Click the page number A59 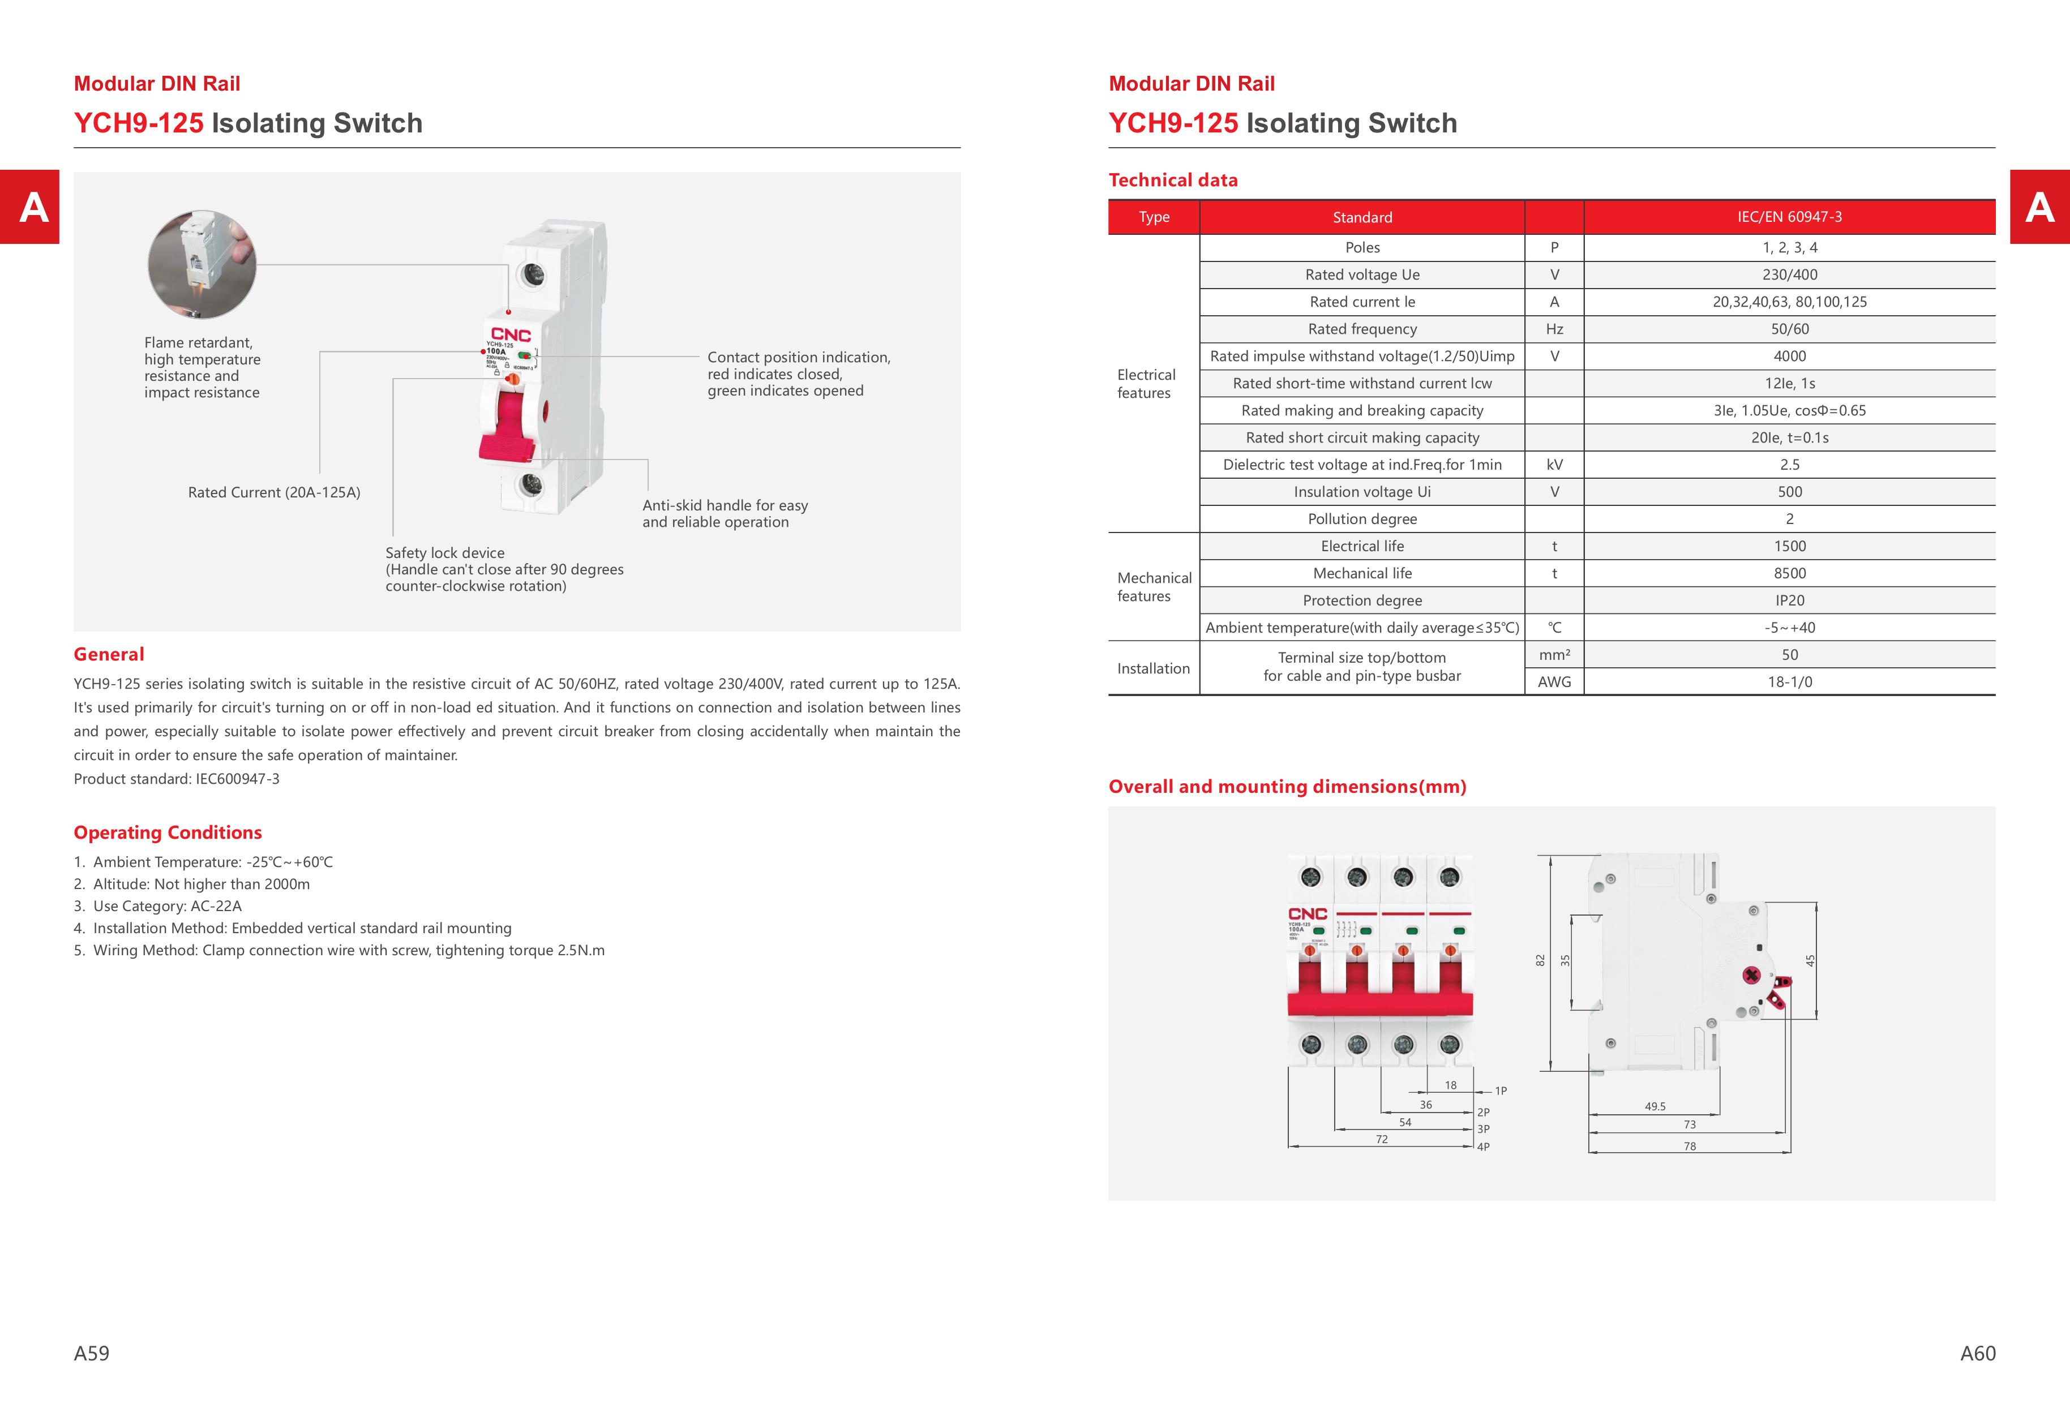click(91, 1353)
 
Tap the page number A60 click(1977, 1353)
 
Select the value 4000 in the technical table click(1789, 356)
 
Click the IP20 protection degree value click(1789, 600)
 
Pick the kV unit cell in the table click(1554, 465)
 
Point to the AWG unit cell click(1554, 682)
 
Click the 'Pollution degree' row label click(1362, 519)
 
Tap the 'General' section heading click(109, 654)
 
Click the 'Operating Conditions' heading click(168, 832)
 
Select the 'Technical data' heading click(1172, 180)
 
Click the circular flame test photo click(202, 264)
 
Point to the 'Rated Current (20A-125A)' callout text click(275, 492)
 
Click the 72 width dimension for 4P click(1382, 1139)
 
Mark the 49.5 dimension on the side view click(1655, 1107)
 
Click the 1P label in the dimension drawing click(1501, 1090)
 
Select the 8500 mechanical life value click(1789, 573)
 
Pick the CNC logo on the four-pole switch click(1308, 914)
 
